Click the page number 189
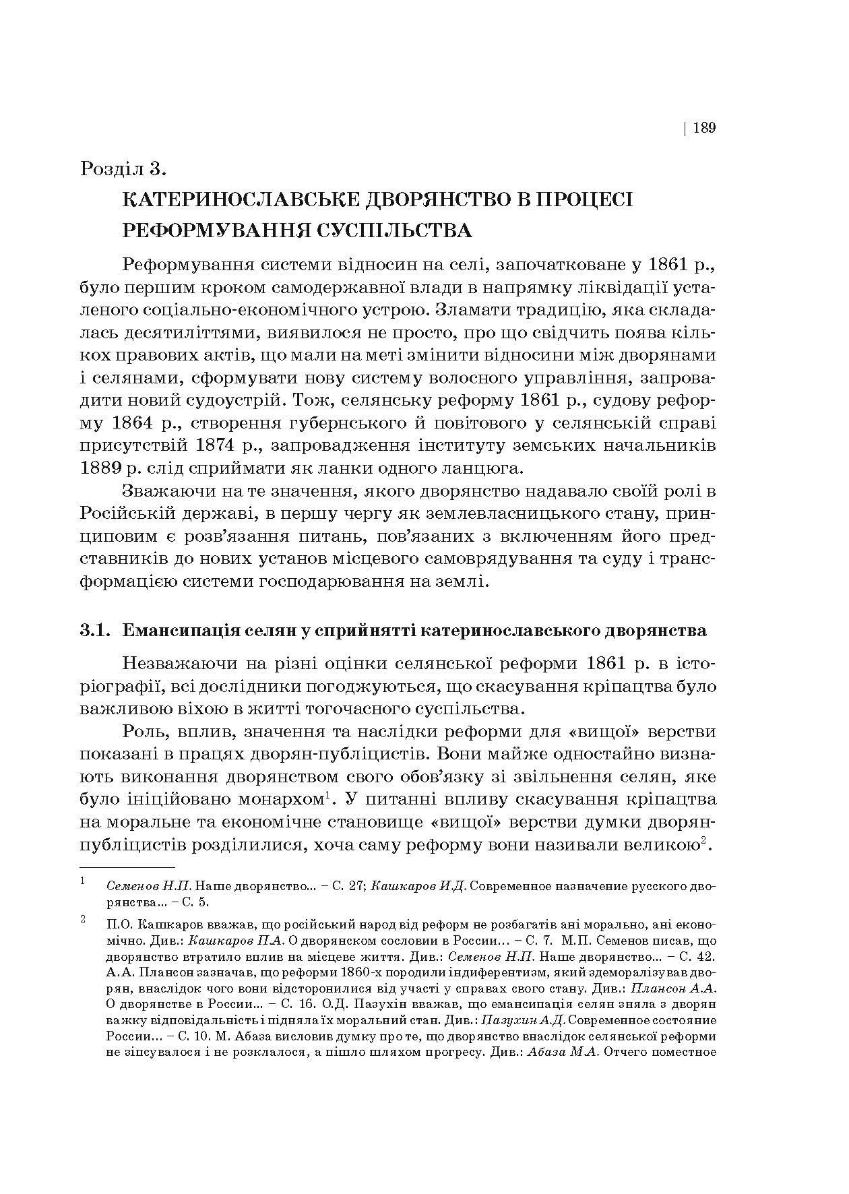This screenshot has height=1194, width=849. click(703, 127)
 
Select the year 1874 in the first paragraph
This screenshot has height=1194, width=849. click(219, 445)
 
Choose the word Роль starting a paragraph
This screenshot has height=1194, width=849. click(145, 732)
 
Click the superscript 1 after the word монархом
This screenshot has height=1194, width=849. click(327, 795)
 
